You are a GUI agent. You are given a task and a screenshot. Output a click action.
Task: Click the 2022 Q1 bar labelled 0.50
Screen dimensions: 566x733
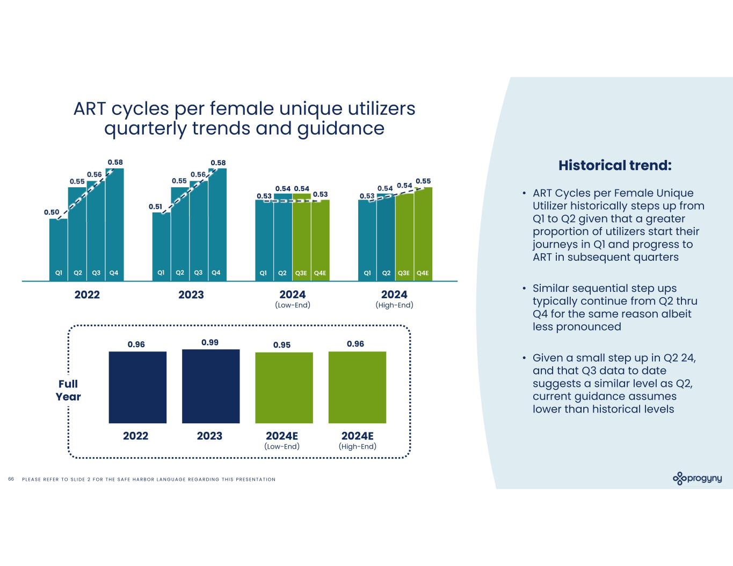(59, 249)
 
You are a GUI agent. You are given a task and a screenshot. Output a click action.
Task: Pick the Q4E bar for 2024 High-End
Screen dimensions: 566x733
(423, 234)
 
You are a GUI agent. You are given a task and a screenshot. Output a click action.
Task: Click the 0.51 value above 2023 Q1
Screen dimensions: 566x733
(156, 207)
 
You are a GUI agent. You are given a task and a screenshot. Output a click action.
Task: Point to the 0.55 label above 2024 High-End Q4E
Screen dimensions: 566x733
(423, 181)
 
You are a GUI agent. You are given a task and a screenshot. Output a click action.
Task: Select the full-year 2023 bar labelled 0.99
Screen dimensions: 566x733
(211, 386)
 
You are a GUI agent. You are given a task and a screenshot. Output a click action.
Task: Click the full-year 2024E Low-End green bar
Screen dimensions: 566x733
(284, 387)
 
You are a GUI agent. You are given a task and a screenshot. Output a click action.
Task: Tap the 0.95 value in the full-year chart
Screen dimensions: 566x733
(282, 344)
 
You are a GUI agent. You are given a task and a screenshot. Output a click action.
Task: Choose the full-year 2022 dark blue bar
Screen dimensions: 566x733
(137, 387)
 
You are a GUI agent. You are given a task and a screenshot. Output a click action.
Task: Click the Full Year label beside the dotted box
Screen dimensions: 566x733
(68, 391)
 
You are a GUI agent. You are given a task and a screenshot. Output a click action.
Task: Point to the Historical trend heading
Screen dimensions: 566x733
(615, 165)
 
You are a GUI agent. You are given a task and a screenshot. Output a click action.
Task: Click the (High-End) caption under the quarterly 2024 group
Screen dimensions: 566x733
(394, 305)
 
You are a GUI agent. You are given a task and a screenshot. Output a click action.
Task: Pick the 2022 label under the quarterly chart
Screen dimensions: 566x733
(87, 295)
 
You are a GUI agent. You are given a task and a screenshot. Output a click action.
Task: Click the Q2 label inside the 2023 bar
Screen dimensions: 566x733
(180, 273)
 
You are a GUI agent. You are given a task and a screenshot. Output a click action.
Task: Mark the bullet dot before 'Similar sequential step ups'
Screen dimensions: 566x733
(524, 289)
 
